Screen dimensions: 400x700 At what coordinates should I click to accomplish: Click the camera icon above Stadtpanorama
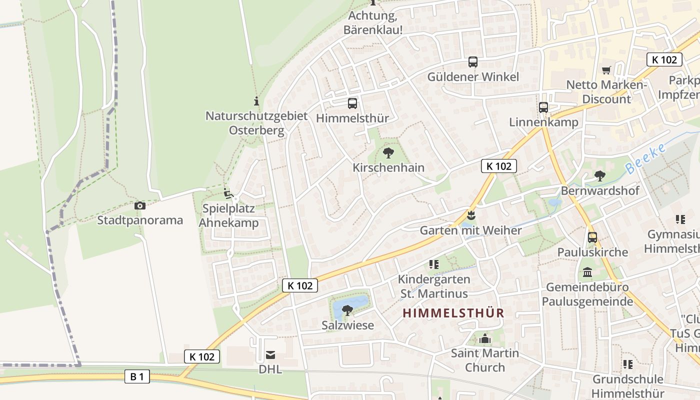[140, 205]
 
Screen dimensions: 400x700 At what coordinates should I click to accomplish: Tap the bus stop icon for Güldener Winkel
[473, 62]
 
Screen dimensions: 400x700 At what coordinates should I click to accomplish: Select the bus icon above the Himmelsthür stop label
[352, 103]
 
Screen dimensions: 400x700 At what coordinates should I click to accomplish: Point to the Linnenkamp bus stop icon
[543, 107]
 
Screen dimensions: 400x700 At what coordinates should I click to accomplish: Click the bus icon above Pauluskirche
[592, 237]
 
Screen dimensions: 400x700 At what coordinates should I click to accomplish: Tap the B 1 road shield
[137, 376]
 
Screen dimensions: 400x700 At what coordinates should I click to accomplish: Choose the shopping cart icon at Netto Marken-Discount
[606, 70]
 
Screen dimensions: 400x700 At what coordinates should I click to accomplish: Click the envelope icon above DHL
[270, 355]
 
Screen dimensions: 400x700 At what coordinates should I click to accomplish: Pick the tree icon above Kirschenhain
[388, 153]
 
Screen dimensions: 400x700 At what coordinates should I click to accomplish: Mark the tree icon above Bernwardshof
[599, 175]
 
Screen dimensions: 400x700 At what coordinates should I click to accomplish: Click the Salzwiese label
[348, 325]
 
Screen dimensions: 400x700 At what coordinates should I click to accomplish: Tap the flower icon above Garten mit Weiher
[470, 215]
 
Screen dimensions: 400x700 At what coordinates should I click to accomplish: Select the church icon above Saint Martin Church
[484, 339]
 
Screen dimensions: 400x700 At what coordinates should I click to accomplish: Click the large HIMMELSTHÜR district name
[453, 313]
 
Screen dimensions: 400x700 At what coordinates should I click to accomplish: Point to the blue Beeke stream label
[646, 158]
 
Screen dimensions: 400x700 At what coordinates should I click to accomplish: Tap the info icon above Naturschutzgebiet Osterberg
[256, 101]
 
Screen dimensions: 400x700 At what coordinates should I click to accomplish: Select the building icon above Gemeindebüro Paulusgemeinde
[587, 273]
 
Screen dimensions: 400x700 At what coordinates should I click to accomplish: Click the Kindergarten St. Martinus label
[434, 286]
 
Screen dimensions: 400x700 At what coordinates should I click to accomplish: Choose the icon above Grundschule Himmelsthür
[628, 364]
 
